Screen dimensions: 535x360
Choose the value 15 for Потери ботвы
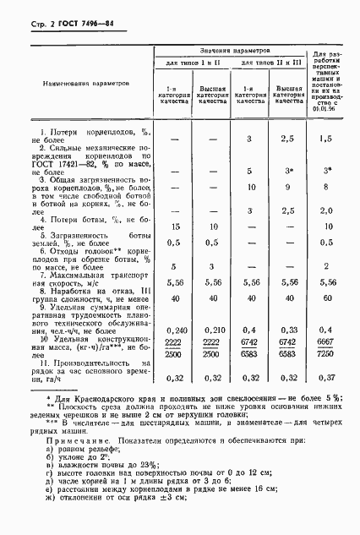point(174,226)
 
